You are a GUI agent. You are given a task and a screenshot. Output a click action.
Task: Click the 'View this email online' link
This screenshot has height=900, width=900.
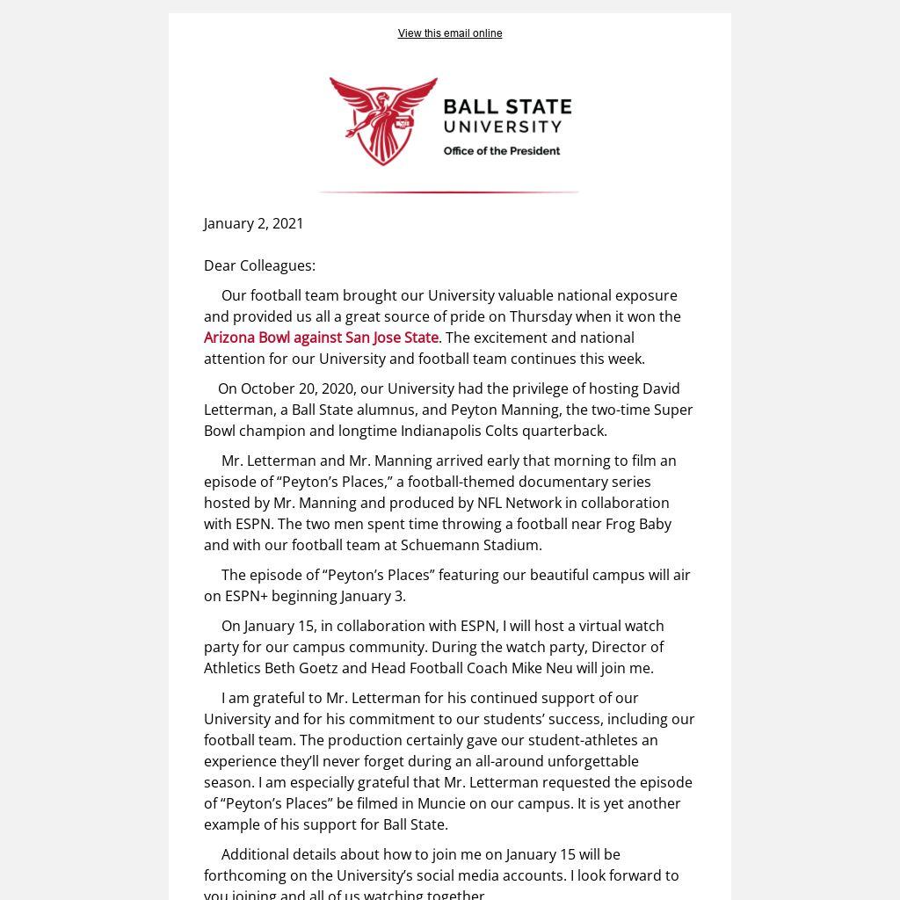(449, 33)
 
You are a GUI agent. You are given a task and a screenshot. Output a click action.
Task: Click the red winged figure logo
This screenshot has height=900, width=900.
(383, 120)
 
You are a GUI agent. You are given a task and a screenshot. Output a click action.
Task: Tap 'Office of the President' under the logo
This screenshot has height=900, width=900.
(501, 151)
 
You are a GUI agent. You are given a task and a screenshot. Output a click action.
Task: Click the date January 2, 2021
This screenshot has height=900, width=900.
(253, 223)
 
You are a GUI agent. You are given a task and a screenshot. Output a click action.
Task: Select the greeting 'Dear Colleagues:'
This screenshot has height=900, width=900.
(259, 265)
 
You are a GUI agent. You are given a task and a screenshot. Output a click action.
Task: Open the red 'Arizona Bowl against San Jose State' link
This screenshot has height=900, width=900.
(321, 337)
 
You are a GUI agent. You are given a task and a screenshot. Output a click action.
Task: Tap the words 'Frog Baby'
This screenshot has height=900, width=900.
(638, 524)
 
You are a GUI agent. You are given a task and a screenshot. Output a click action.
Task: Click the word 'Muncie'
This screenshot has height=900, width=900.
(446, 803)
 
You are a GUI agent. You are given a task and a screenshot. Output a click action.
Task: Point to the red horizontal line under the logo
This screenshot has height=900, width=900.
(449, 192)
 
